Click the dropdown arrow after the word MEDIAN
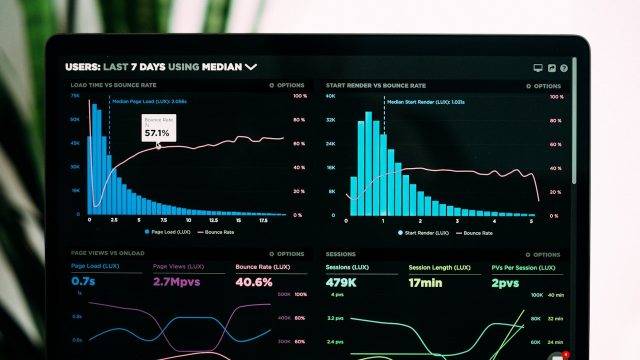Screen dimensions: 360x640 pyautogui.click(x=251, y=67)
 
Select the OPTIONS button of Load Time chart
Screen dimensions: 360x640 pyautogui.click(x=289, y=86)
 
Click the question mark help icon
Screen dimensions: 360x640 pyautogui.click(x=564, y=67)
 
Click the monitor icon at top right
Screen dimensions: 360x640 pyautogui.click(x=538, y=67)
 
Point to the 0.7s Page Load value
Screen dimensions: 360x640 pyautogui.click(x=83, y=282)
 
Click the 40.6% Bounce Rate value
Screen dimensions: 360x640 pyautogui.click(x=254, y=282)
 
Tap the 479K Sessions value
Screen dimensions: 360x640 pyautogui.click(x=342, y=282)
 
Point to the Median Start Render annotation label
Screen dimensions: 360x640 pyautogui.click(x=425, y=102)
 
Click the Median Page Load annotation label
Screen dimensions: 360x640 pyautogui.click(x=149, y=101)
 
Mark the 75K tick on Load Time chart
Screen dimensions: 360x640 pyautogui.click(x=75, y=97)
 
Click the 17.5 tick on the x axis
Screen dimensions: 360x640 pyautogui.click(x=264, y=220)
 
